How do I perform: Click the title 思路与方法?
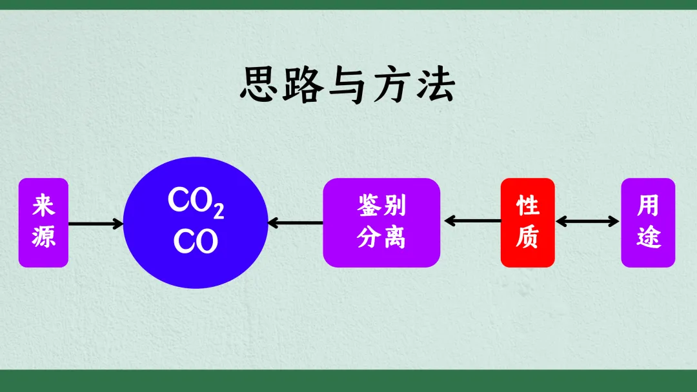point(347,85)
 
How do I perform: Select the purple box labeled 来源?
point(43,222)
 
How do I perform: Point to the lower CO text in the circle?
point(196,241)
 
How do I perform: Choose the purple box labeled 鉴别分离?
point(381,222)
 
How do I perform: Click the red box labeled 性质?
point(527,222)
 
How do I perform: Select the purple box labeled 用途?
point(648,222)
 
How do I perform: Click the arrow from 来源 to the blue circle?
point(96,224)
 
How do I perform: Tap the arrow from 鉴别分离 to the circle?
point(295,223)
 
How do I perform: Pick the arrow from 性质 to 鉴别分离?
point(472,221)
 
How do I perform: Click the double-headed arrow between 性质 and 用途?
point(587,221)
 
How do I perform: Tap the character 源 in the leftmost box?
point(43,238)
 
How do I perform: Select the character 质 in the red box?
point(527,238)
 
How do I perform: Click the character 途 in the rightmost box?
point(648,238)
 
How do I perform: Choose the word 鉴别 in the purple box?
point(381,206)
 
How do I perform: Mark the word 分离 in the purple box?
point(381,238)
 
